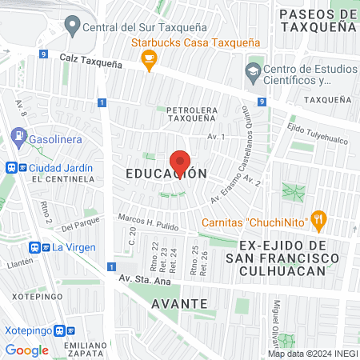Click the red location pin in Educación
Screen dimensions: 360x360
(x=180, y=163)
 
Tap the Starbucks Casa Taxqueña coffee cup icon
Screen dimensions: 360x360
(x=148, y=59)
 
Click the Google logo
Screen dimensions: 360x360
(x=26, y=350)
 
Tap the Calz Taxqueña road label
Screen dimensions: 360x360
(x=90, y=60)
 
